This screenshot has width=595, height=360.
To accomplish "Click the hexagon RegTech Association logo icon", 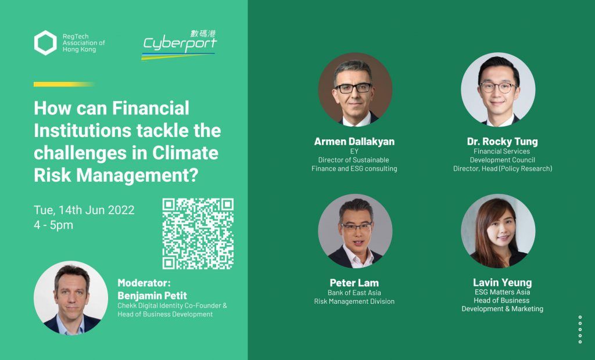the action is point(45,43).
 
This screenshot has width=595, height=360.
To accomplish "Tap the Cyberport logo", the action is point(179,45).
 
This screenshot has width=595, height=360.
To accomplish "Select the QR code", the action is point(198,233).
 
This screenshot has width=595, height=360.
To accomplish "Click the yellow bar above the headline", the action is point(63,84).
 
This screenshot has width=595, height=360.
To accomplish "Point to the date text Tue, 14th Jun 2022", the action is point(84,210).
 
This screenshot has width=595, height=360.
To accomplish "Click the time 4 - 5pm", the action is point(53,225).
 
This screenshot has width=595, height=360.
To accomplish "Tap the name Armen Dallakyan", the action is point(354,142).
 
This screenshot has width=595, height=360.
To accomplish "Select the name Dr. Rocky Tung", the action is point(503,142).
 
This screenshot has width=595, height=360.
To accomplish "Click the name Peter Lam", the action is point(354,283).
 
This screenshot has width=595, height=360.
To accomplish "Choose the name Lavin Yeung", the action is point(503,283).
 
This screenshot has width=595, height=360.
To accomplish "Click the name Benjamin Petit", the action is point(152,296).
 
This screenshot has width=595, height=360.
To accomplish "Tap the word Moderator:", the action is point(144,283).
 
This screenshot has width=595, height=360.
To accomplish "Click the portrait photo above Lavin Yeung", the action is point(498,231).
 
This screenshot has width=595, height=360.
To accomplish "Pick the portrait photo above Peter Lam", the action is point(355,231).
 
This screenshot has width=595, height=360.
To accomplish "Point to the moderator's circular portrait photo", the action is point(71,298).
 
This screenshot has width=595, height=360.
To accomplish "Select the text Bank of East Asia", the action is point(354,293).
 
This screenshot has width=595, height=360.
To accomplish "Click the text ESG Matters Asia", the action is point(503,292).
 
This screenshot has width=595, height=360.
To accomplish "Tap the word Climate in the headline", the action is point(185,153).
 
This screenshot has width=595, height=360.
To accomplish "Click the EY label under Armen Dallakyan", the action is point(354,152).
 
